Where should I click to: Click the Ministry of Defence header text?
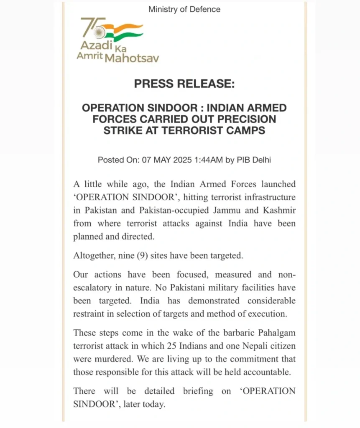(184, 9)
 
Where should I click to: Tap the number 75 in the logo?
(89, 28)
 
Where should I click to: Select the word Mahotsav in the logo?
(132, 58)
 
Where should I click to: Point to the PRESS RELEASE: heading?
(184, 84)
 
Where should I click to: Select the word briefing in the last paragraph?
(198, 392)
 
